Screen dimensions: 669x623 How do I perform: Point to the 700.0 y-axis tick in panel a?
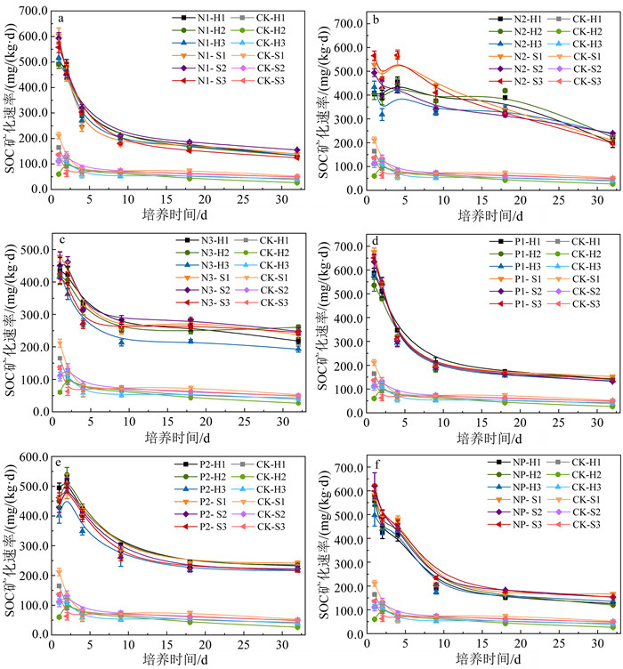point(29,11)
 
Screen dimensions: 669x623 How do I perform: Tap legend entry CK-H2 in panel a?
point(270,30)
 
